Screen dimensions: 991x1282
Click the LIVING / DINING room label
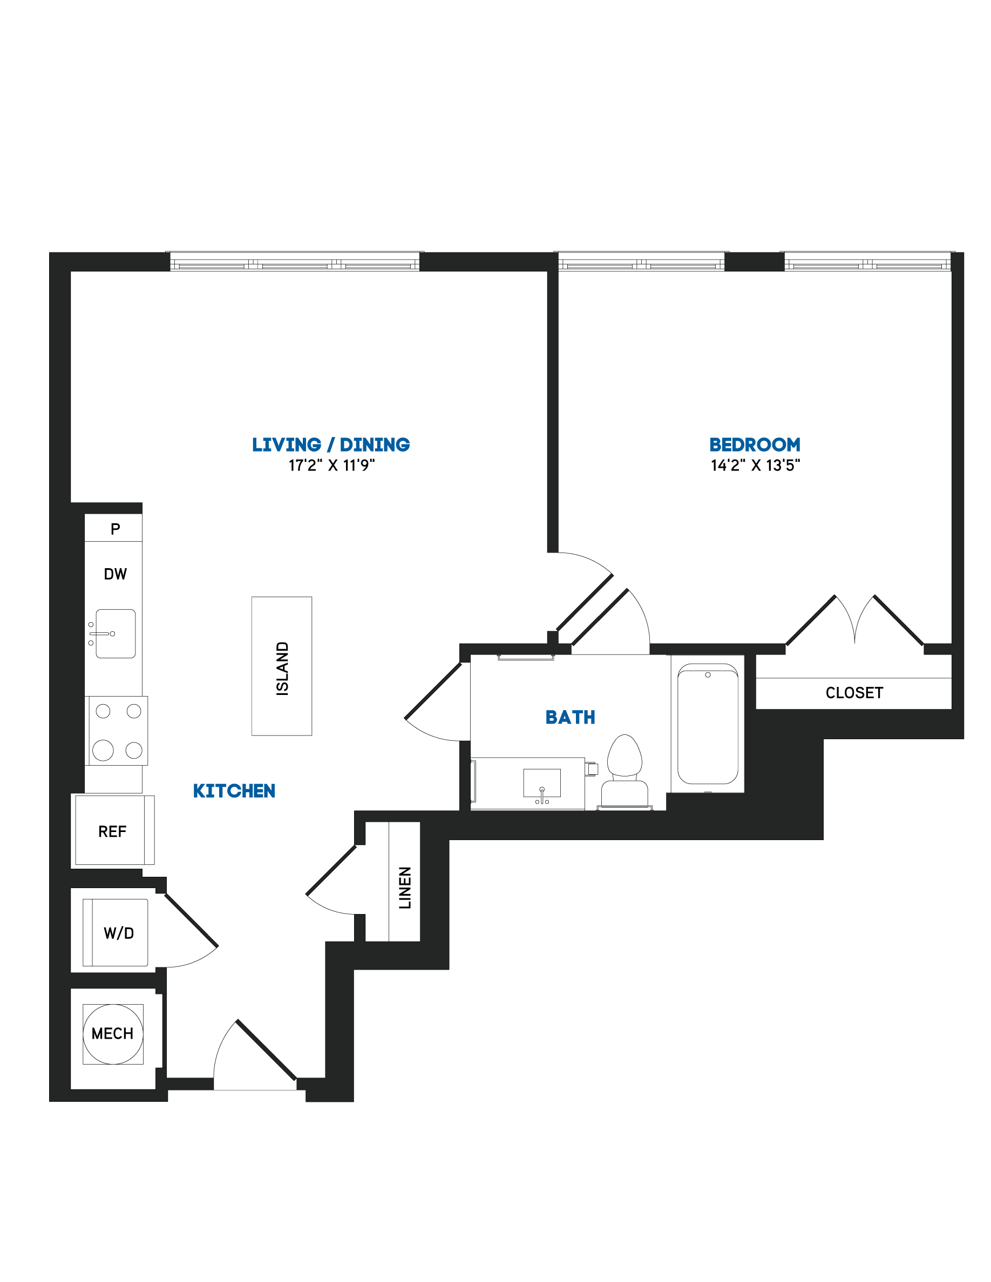pyautogui.click(x=330, y=445)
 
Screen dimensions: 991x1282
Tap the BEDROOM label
pyautogui.click(x=755, y=445)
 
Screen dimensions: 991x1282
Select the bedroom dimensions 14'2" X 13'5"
pyautogui.click(x=755, y=466)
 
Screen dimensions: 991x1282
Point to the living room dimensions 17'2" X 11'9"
pyautogui.click(x=331, y=466)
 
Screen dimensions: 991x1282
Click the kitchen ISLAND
pyautogui.click(x=282, y=666)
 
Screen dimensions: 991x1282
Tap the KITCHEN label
pyautogui.click(x=234, y=792)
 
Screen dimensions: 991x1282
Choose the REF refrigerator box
pyautogui.click(x=113, y=830)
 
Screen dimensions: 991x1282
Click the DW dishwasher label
pyautogui.click(x=115, y=574)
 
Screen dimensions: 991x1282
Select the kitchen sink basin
pyautogui.click(x=116, y=633)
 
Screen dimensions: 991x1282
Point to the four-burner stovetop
pyautogui.click(x=118, y=731)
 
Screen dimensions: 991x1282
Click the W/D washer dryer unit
pyautogui.click(x=116, y=933)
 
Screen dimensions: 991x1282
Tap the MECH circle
pyautogui.click(x=113, y=1034)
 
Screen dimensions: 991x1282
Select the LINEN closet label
pyautogui.click(x=405, y=888)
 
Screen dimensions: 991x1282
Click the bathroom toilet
pyautogui.click(x=625, y=772)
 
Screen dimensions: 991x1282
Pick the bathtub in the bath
pyautogui.click(x=708, y=724)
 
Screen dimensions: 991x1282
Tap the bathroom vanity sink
pyautogui.click(x=542, y=783)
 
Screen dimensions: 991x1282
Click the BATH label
pyautogui.click(x=570, y=717)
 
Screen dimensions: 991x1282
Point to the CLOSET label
pyautogui.click(x=854, y=693)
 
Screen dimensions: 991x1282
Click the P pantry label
pyautogui.click(x=116, y=529)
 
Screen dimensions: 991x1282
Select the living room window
pyautogui.click(x=295, y=261)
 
